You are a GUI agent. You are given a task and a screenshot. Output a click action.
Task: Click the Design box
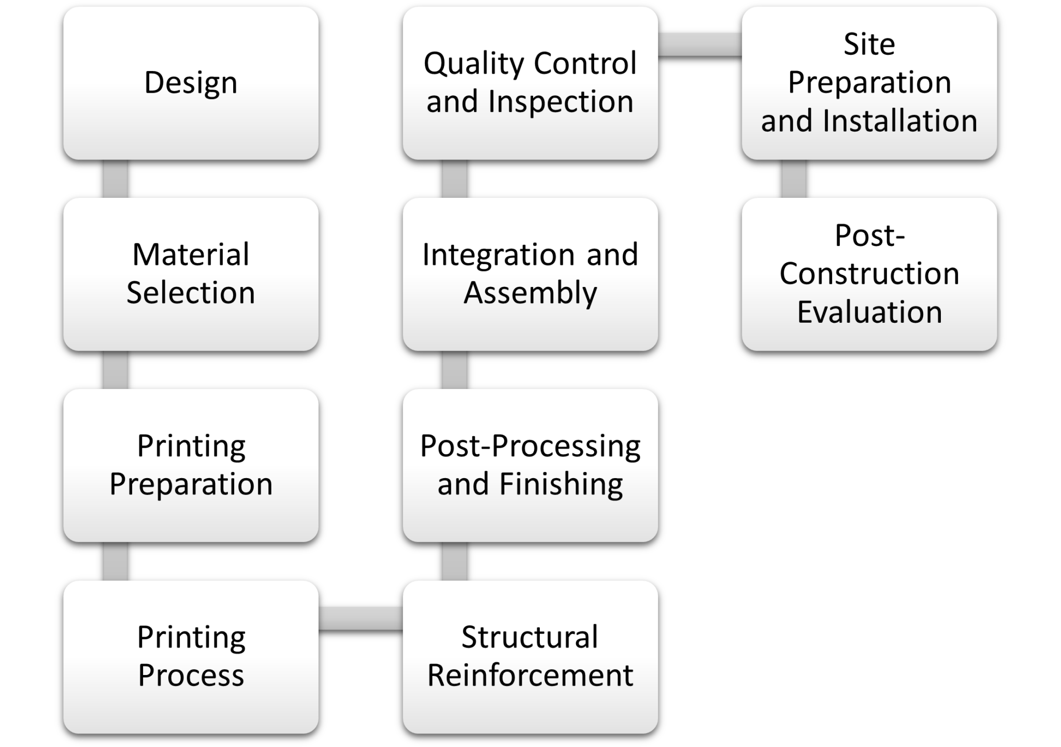pos(191,83)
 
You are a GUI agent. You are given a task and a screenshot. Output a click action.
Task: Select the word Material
pos(191,254)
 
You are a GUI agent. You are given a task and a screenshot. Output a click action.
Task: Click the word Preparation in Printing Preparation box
pos(191,484)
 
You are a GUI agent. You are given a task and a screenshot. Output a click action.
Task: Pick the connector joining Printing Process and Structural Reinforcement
pos(360,617)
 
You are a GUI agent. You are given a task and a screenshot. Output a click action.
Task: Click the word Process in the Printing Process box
pos(191,676)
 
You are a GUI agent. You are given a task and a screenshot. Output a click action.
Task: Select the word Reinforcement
pos(530,676)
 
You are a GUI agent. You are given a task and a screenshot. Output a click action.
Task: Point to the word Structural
pos(530,637)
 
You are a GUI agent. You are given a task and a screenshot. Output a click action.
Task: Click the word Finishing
pos(561,484)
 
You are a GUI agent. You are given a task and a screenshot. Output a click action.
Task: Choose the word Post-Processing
pos(530,446)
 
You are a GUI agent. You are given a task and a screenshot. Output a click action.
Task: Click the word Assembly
pos(530,293)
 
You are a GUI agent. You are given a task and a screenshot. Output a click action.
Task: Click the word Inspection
pos(561,102)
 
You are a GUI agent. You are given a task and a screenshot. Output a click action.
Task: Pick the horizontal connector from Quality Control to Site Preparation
pos(699,44)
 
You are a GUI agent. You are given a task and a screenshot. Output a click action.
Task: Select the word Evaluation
pos(869,312)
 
